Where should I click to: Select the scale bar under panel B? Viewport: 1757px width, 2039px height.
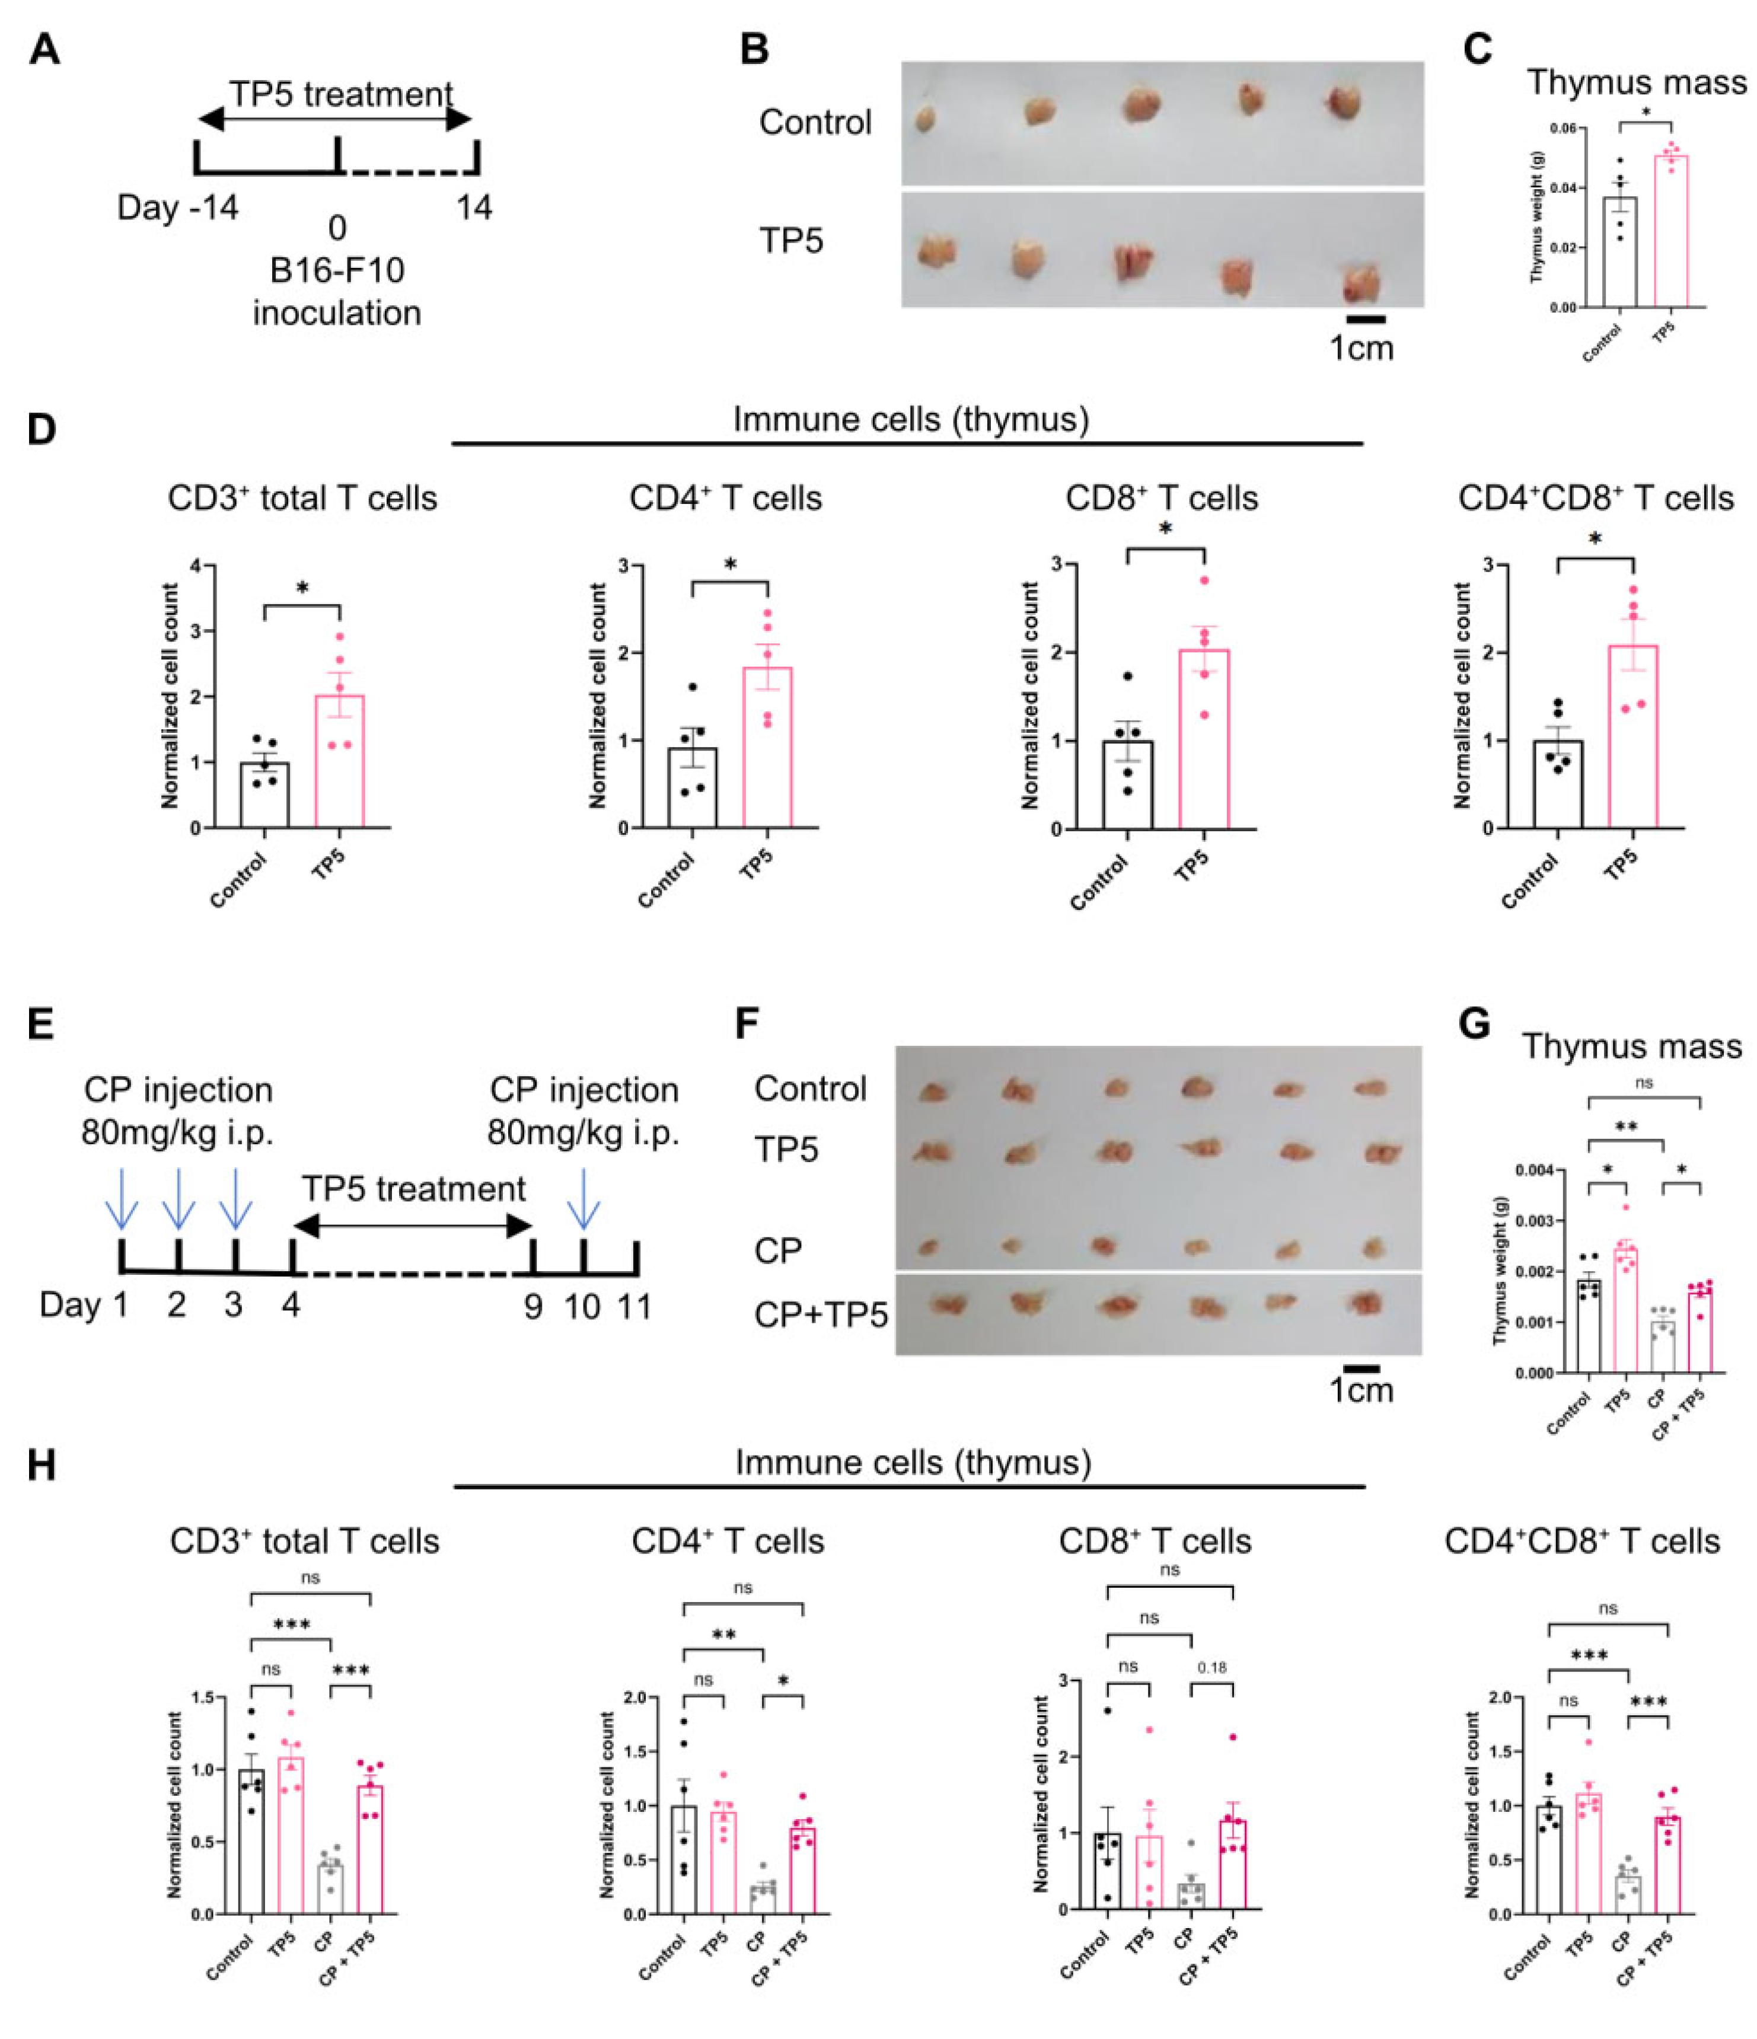tap(1365, 319)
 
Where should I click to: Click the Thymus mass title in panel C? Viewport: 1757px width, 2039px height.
tap(1636, 82)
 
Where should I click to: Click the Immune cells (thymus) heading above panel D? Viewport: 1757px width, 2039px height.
tap(910, 420)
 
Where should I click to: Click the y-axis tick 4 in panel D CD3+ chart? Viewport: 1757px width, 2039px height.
tap(196, 566)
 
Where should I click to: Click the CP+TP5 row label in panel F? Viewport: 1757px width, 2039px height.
tap(821, 1314)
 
